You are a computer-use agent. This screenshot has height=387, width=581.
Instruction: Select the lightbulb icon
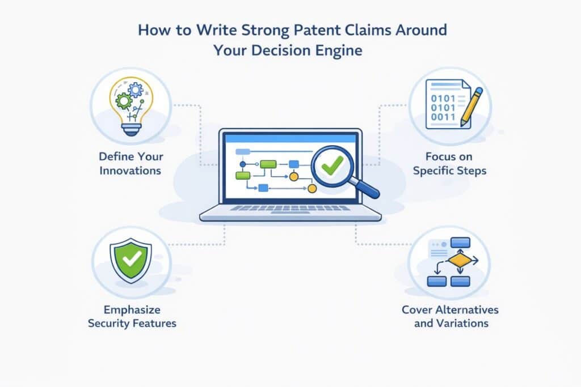click(131, 106)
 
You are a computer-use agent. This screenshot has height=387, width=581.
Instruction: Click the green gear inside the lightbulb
click(124, 101)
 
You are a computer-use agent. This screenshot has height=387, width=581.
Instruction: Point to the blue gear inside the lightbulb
click(136, 90)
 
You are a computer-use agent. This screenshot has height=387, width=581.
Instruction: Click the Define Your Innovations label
click(131, 164)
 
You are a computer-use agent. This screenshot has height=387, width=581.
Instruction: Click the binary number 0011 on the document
click(443, 117)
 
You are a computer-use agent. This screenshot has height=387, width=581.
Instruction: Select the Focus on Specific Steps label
click(449, 164)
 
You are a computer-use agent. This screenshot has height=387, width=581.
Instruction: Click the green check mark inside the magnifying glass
click(332, 165)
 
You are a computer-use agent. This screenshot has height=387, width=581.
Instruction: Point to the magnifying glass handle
click(366, 188)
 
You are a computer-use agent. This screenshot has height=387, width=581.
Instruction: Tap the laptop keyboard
click(290, 209)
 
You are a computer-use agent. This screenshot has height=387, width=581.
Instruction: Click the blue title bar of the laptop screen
click(290, 139)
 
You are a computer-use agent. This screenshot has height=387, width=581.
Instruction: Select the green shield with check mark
click(131, 261)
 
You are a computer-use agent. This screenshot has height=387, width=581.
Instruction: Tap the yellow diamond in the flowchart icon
click(460, 261)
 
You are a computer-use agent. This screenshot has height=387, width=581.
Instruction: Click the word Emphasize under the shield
click(132, 310)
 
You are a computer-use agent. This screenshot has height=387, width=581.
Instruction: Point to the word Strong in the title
click(265, 31)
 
